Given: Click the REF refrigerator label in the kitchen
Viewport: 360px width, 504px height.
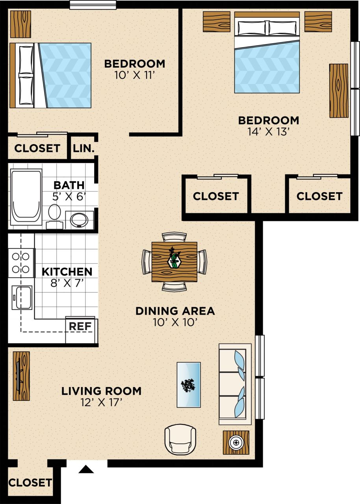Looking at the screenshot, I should pos(80,326).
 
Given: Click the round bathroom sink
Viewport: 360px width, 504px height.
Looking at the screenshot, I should pos(79,219).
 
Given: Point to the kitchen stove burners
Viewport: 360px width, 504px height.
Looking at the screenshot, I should pos(20,263).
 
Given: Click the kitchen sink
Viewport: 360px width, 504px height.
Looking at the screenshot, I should pos(22,297).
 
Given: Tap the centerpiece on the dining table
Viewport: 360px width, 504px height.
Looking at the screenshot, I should pos(174,260).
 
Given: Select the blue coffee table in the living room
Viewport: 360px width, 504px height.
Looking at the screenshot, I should pos(189,385).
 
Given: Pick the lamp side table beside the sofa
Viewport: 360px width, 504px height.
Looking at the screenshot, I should pos(236,443).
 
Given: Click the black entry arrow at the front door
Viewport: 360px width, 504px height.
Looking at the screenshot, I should pos(86,469).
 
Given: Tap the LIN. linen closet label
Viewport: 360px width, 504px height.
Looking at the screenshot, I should pos(84,148).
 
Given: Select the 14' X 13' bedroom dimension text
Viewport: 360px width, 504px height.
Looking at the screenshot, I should pos(269,132).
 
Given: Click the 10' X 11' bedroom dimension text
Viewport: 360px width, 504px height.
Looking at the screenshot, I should pos(134,75).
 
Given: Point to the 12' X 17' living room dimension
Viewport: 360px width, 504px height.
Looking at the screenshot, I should pos(101,403).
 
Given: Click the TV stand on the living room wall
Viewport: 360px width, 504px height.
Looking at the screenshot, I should pos(21,376).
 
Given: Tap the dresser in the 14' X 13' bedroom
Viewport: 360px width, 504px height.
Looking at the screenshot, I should pos(339,90).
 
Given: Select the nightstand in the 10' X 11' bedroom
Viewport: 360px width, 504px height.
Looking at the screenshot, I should pos(20,24).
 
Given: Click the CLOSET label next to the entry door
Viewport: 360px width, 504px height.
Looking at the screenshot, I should pos(30,482).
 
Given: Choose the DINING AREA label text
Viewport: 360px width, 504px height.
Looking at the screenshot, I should pos(175,311).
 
